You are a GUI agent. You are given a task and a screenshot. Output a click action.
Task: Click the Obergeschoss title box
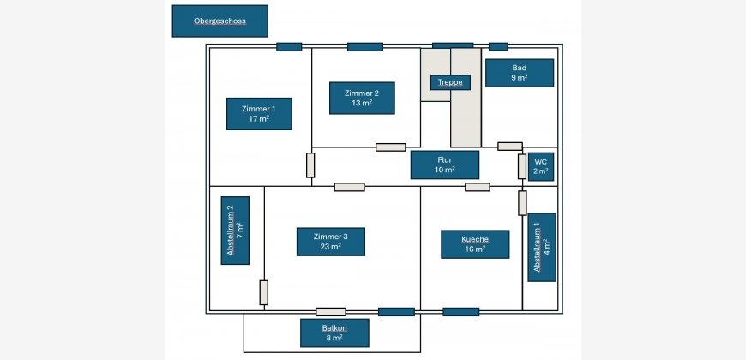[220, 21]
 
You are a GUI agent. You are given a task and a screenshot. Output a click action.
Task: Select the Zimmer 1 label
[259, 114]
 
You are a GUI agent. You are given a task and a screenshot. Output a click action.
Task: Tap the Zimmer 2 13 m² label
[362, 98]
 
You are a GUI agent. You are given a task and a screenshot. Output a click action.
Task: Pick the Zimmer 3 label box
[331, 242]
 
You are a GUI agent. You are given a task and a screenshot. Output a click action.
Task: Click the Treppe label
[450, 82]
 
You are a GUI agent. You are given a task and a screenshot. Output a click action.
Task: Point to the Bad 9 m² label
[520, 73]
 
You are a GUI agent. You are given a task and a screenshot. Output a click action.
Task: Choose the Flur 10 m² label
[444, 165]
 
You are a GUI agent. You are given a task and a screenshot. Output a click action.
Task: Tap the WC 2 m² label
[541, 166]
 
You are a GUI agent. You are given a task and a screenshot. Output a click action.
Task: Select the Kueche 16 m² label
[475, 243]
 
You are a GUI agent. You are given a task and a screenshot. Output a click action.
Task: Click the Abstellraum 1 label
[542, 247]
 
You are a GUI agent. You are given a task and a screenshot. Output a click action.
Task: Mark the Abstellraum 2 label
[235, 231]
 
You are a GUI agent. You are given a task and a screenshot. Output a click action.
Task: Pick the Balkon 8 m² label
[334, 333]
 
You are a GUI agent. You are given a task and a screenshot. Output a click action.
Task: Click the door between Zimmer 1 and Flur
[310, 165]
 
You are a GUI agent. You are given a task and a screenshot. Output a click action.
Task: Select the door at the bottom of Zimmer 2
[391, 147]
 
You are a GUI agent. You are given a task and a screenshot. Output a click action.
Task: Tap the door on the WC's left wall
[521, 166]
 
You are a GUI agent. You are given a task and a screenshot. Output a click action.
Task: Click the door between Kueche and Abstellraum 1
[522, 203]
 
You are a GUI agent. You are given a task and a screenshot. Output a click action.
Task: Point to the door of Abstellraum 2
[264, 292]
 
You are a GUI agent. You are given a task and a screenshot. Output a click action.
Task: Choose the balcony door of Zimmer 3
[331, 312]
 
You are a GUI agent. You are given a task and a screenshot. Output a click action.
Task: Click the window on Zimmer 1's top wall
[289, 46]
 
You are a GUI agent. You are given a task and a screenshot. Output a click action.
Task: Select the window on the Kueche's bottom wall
[460, 312]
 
